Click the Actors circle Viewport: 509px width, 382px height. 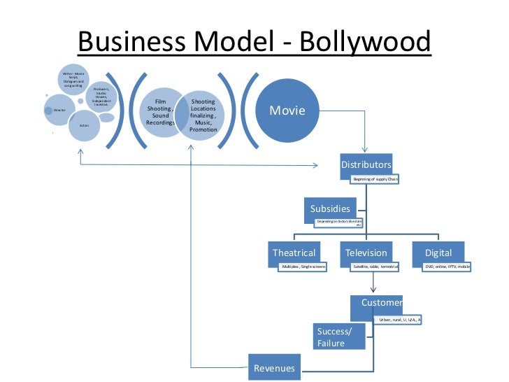tap(84, 125)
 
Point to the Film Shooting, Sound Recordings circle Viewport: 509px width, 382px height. tap(160, 112)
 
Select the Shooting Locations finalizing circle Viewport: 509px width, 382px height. tap(203, 115)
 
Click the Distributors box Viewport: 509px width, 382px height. tap(366, 165)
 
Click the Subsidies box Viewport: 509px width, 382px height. tap(331, 208)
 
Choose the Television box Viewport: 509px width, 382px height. tap(366, 253)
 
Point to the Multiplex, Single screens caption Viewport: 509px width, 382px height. tap(303, 267)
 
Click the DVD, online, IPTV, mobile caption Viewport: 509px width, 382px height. tap(447, 267)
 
